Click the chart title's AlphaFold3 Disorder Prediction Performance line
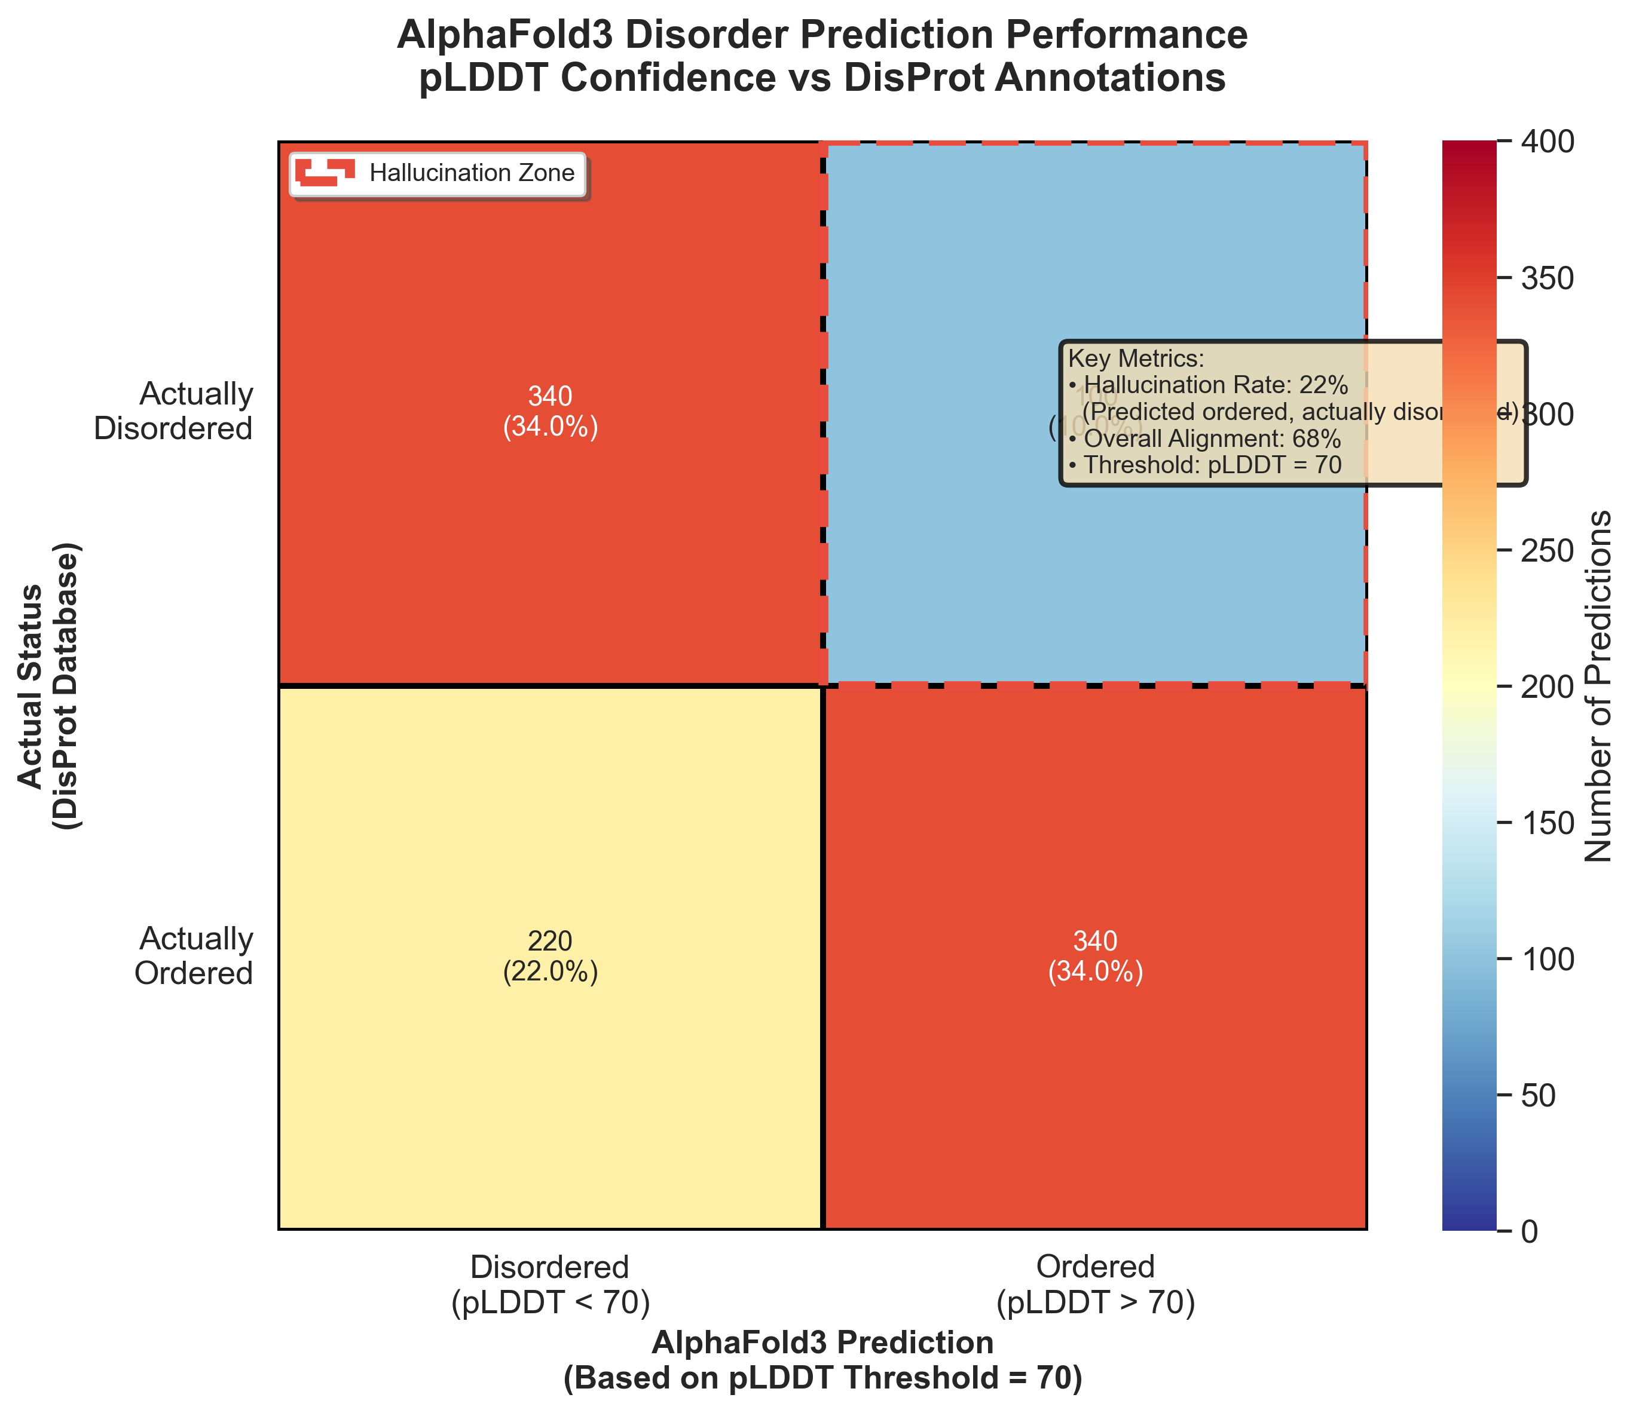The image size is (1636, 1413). pos(822,36)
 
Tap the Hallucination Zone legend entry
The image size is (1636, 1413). pos(472,173)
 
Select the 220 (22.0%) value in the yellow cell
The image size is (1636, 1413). pos(551,956)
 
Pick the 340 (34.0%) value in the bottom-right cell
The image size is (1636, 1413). pos(1095,956)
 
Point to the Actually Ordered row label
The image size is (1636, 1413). pos(194,955)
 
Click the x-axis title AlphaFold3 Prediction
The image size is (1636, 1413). pos(822,1342)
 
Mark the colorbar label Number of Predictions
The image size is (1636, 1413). pos(1598,686)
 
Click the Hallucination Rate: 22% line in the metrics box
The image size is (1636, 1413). pos(1208,385)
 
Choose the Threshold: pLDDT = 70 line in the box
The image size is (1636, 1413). pos(1204,464)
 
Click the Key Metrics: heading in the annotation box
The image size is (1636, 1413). pos(1136,359)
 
